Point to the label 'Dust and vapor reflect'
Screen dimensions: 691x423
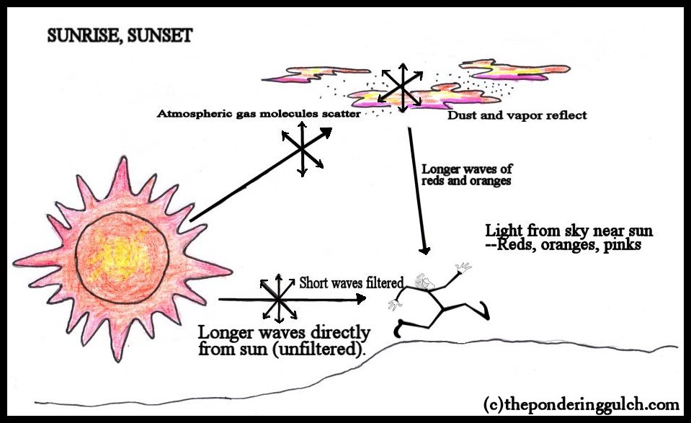[x=517, y=115]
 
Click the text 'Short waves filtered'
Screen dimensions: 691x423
[x=350, y=283]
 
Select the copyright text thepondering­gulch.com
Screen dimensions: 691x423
[x=581, y=403]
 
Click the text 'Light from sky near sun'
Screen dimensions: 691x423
[x=569, y=231]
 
